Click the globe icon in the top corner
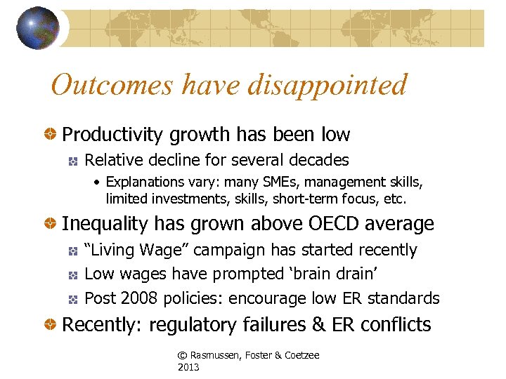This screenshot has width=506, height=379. (38, 29)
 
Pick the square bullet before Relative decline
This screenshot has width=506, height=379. (72, 160)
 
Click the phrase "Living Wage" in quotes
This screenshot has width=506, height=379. (136, 250)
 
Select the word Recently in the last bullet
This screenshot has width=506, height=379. (99, 325)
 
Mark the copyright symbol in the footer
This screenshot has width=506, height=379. (182, 356)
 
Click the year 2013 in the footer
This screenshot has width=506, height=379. (188, 367)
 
